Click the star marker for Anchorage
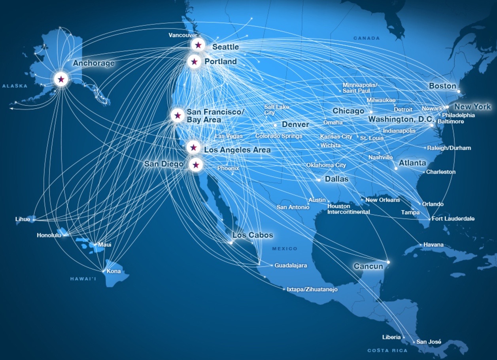pos(61,79)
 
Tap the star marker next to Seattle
pos(198,45)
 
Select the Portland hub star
pos(194,62)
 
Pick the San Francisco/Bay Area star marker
pos(178,116)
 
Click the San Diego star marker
pos(196,165)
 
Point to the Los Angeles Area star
pos(193,148)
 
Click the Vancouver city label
pos(183,35)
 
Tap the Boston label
pos(442,86)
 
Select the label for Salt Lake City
pos(276,110)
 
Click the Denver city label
pos(295,125)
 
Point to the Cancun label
pos(368,266)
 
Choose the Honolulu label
pos(49,235)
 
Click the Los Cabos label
pos(253,235)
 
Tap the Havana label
pos(433,244)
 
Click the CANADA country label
pos(366,38)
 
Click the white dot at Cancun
pos(388,262)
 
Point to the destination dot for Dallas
pos(319,180)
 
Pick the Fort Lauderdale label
pos(453,218)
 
